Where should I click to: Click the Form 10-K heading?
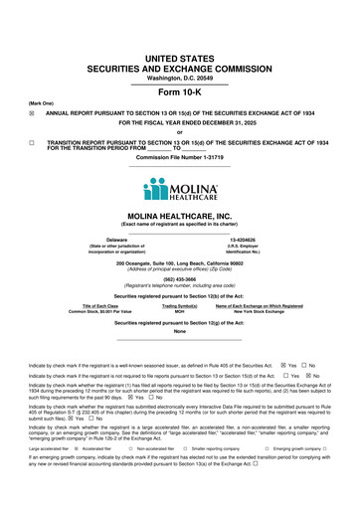click(179, 92)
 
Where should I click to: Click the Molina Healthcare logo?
click(179, 190)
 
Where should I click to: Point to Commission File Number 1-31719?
click(179, 156)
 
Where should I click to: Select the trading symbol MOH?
click(179, 312)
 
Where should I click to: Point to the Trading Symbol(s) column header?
click(179, 306)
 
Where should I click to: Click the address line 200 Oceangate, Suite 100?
click(179, 262)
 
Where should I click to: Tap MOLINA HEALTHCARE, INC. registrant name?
click(179, 216)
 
